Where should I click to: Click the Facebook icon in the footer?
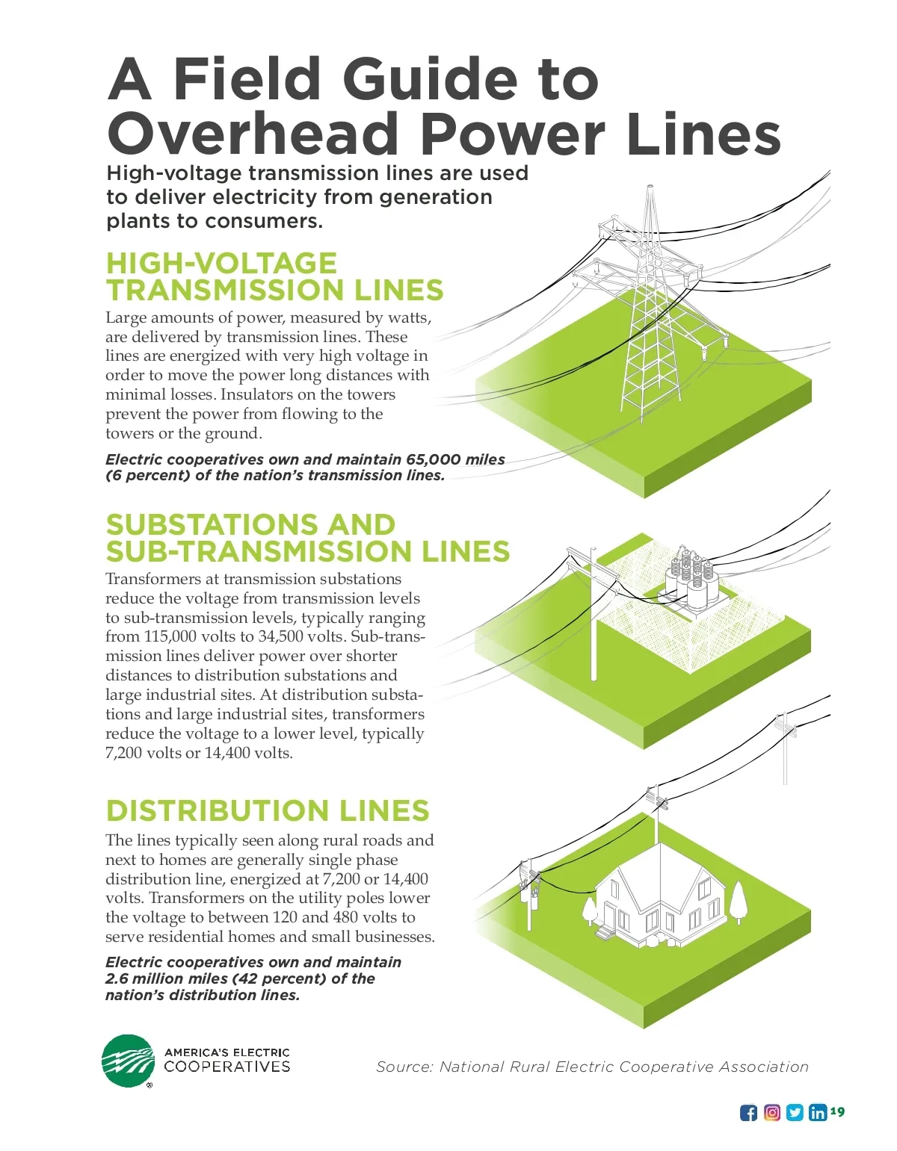point(748,1113)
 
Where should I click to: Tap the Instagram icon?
point(772,1112)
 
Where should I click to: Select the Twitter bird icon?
point(795,1112)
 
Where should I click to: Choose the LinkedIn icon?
point(818,1112)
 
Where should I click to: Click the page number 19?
point(837,1111)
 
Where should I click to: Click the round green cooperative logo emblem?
point(128,1061)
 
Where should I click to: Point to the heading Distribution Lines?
point(268,811)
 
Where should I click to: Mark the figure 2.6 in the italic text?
point(117,978)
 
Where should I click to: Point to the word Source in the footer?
point(404,1067)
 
